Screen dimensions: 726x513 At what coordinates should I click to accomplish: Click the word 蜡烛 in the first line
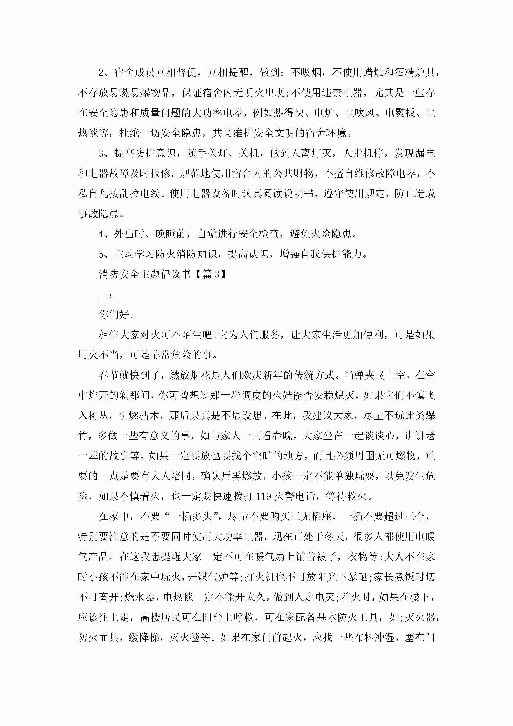[x=373, y=73]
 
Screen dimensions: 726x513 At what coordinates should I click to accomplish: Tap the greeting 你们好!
[x=116, y=315]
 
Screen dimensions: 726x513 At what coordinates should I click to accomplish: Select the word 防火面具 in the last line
[x=98, y=637]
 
